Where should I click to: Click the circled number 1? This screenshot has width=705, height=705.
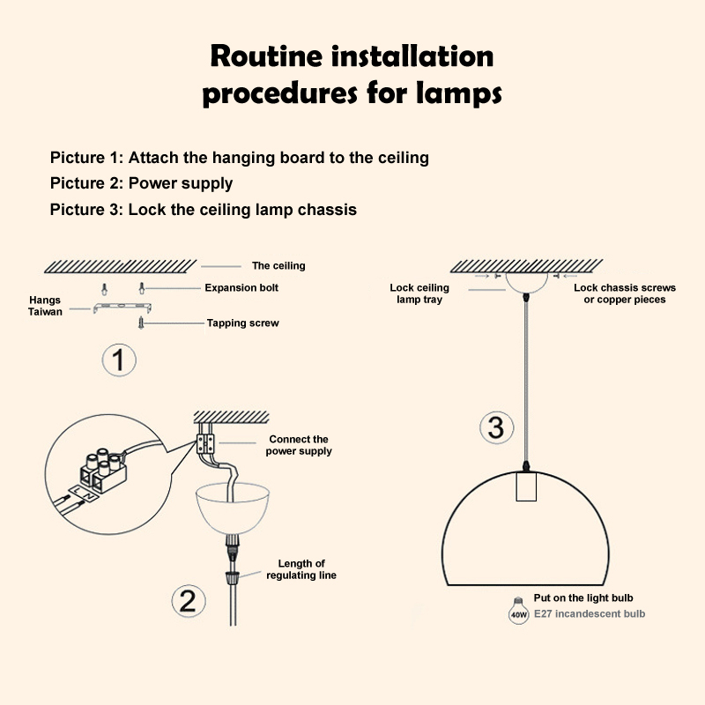tap(119, 360)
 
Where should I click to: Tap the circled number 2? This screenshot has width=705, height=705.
tap(189, 601)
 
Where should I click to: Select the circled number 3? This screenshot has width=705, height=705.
tap(496, 427)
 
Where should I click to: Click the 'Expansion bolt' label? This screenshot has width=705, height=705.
tap(241, 288)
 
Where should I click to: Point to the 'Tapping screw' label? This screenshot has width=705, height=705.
tap(243, 323)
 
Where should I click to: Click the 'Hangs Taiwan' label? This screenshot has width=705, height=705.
tap(45, 306)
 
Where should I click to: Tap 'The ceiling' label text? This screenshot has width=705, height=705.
tap(278, 266)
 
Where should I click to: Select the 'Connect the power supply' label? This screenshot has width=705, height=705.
tap(299, 445)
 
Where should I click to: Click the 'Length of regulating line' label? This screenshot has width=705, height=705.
tap(301, 569)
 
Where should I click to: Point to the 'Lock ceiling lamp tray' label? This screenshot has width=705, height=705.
tap(419, 293)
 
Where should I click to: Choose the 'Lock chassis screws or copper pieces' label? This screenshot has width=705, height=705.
tap(625, 293)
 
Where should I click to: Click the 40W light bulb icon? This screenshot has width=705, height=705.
tap(518, 611)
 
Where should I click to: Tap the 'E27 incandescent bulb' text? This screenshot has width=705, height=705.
tap(590, 613)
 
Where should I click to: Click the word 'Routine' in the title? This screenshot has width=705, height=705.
tap(266, 56)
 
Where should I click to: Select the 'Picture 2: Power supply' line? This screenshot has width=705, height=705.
tap(141, 183)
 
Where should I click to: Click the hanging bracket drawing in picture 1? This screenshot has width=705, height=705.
tap(122, 307)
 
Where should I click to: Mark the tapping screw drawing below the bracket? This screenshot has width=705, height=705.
tap(141, 323)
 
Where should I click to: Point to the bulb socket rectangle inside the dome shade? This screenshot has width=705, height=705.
tap(526, 486)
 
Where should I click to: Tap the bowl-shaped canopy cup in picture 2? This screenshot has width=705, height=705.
tap(233, 508)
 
